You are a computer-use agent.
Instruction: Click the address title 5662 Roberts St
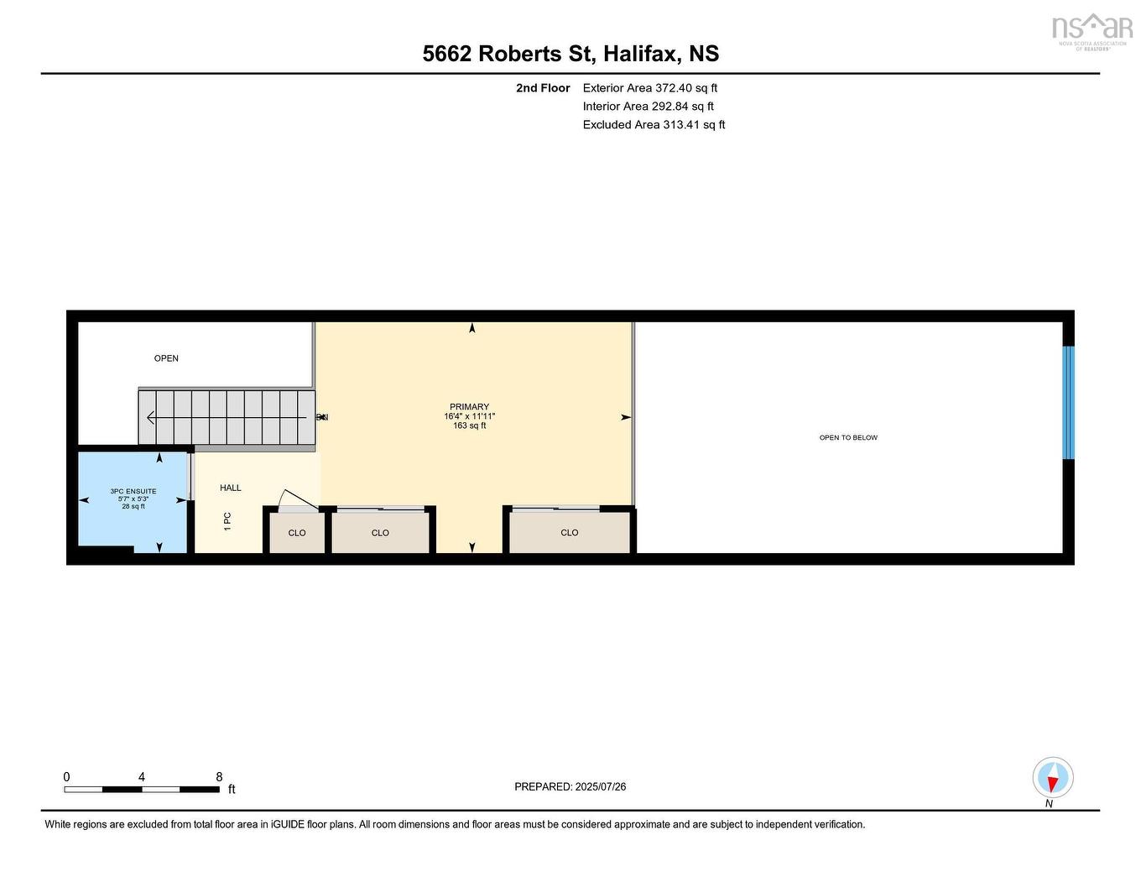570,54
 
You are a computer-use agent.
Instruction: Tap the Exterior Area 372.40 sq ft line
649,88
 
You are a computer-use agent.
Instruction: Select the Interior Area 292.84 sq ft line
648,107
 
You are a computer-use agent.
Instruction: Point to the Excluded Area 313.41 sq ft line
654,125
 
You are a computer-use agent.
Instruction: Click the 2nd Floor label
543,88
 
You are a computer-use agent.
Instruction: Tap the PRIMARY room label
469,407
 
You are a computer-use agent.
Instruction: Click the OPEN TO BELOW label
848,438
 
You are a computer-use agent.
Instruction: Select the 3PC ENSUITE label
133,492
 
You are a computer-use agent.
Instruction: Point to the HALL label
231,488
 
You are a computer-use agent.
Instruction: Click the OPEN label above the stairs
166,358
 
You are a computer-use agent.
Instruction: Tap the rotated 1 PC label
227,521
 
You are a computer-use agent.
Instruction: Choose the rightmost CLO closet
570,533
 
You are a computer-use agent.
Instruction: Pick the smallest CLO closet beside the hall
297,533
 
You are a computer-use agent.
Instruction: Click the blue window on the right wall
1068,403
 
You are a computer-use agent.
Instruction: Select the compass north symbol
1052,778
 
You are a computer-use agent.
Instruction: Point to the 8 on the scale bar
219,777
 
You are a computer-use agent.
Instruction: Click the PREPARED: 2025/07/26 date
570,787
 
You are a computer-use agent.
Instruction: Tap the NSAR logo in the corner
1092,30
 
